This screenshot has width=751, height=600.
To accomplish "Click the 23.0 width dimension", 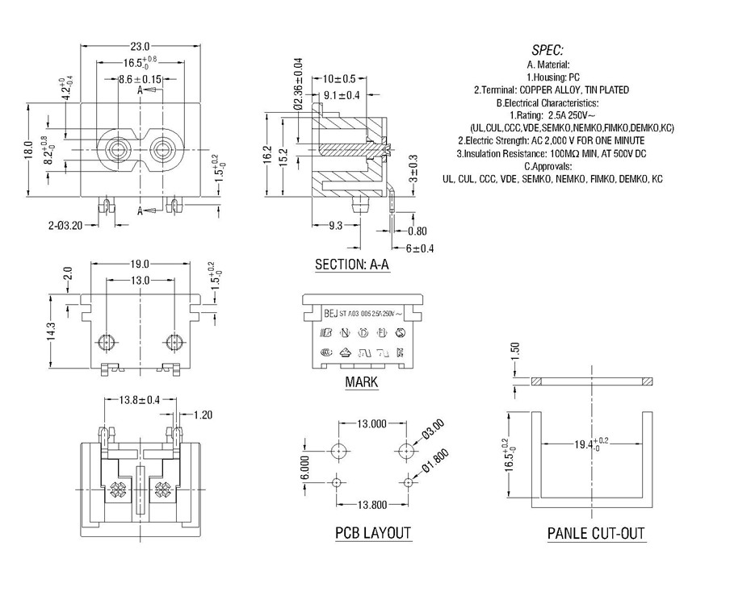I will point(141,46).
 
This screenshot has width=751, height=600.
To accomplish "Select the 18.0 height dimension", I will point(28,149).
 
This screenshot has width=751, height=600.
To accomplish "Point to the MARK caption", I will point(361,382).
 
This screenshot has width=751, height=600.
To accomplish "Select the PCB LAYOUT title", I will point(373,533).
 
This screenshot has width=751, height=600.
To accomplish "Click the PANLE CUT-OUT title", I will point(596,533).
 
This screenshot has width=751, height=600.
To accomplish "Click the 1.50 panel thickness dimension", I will point(514,352).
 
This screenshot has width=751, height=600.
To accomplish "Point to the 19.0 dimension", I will point(140,264).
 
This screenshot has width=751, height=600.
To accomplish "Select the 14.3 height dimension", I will point(52,332).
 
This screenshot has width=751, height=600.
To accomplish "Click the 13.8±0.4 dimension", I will point(139,400).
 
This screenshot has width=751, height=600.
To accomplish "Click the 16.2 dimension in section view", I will point(267,155).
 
